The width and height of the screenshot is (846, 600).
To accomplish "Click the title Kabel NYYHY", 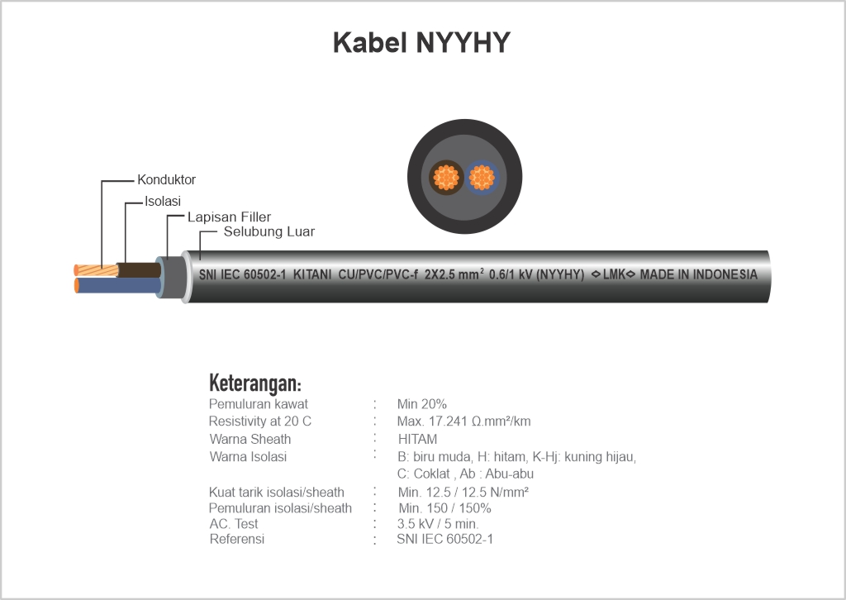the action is click(x=421, y=43).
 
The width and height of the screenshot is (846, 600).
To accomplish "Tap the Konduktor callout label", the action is click(x=166, y=179).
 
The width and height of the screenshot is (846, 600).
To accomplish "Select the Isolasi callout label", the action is click(x=163, y=202).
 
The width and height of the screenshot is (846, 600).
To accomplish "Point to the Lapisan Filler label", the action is click(x=229, y=217).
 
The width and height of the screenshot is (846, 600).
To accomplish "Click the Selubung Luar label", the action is click(x=269, y=232).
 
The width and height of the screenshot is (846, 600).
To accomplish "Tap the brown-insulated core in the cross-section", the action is click(x=446, y=177).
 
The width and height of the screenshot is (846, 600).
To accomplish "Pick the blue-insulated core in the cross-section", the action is click(x=482, y=177).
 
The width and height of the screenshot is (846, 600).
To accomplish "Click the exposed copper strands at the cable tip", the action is click(x=97, y=270).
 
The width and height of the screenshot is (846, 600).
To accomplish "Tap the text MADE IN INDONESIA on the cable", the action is click(x=699, y=274).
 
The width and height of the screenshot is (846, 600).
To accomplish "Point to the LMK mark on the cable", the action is click(x=614, y=274).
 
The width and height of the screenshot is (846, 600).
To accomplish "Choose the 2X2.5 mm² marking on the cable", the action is click(x=454, y=274).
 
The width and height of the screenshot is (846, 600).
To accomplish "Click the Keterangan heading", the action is click(x=254, y=383).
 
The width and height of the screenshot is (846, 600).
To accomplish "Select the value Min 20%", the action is click(x=422, y=404).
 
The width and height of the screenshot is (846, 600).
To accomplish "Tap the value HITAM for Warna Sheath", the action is click(x=417, y=439).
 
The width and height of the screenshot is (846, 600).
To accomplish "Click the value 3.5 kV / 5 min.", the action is click(x=438, y=524).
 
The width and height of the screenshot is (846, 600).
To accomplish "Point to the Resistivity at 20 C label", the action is click(x=260, y=421).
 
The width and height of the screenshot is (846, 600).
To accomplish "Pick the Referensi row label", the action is click(x=237, y=539).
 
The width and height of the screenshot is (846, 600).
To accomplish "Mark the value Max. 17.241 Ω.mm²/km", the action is click(x=464, y=421).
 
